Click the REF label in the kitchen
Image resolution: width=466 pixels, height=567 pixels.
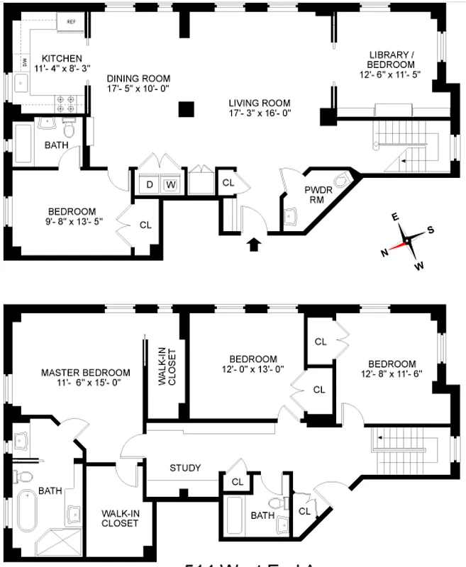point(71,22)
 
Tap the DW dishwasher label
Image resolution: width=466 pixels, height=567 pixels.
point(24,64)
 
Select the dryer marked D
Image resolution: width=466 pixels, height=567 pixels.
point(150,185)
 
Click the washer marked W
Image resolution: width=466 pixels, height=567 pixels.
point(170,185)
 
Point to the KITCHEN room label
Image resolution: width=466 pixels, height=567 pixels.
point(62,58)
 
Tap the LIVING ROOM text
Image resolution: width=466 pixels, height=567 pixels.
point(260,102)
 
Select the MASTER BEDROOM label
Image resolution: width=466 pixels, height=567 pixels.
point(85,372)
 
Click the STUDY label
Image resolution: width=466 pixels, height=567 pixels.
point(184,468)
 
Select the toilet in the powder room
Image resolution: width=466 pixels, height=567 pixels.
point(344,180)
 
